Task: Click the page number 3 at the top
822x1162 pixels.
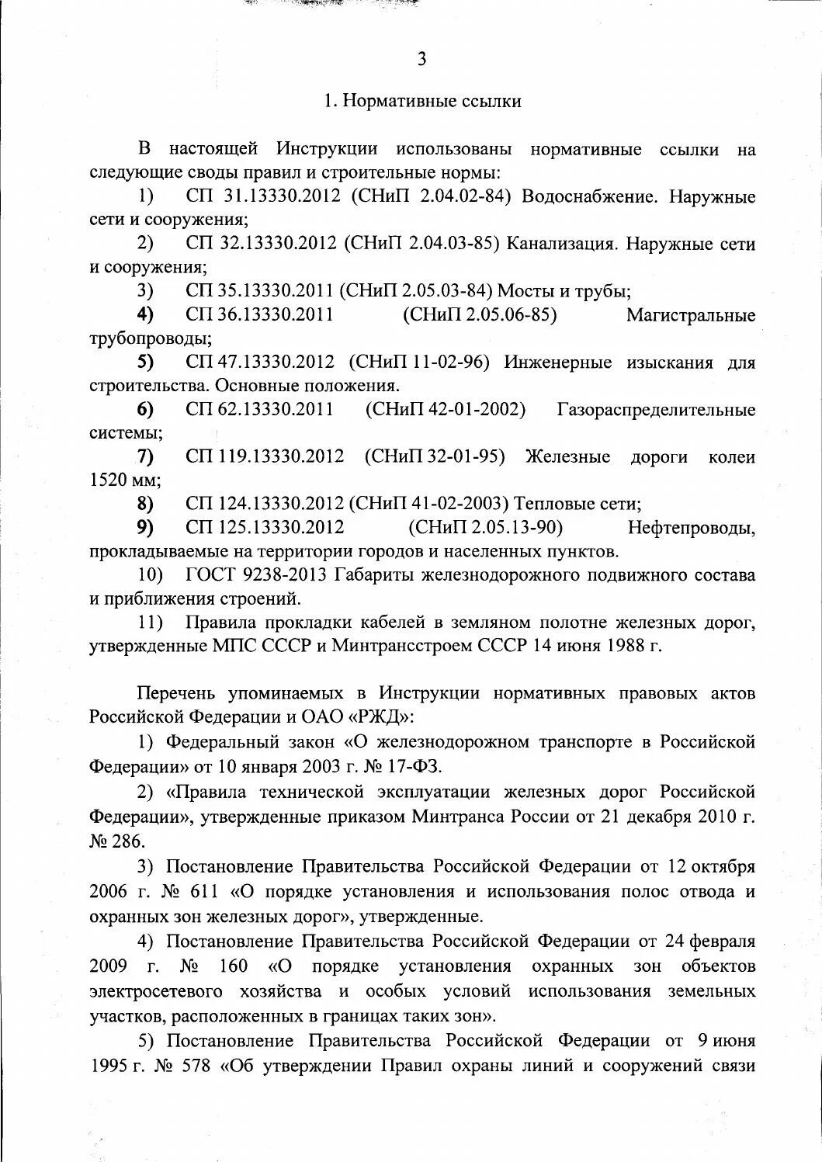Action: tap(421, 60)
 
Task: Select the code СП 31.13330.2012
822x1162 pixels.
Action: tap(263, 196)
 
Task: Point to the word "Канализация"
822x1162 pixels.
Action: tap(563, 244)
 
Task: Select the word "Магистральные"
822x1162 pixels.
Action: tap(690, 315)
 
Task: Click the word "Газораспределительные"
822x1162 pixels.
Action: tap(656, 410)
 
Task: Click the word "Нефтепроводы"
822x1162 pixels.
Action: tap(691, 528)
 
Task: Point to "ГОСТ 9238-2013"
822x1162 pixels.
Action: tap(258, 575)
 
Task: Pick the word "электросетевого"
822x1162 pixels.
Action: tap(167, 991)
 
